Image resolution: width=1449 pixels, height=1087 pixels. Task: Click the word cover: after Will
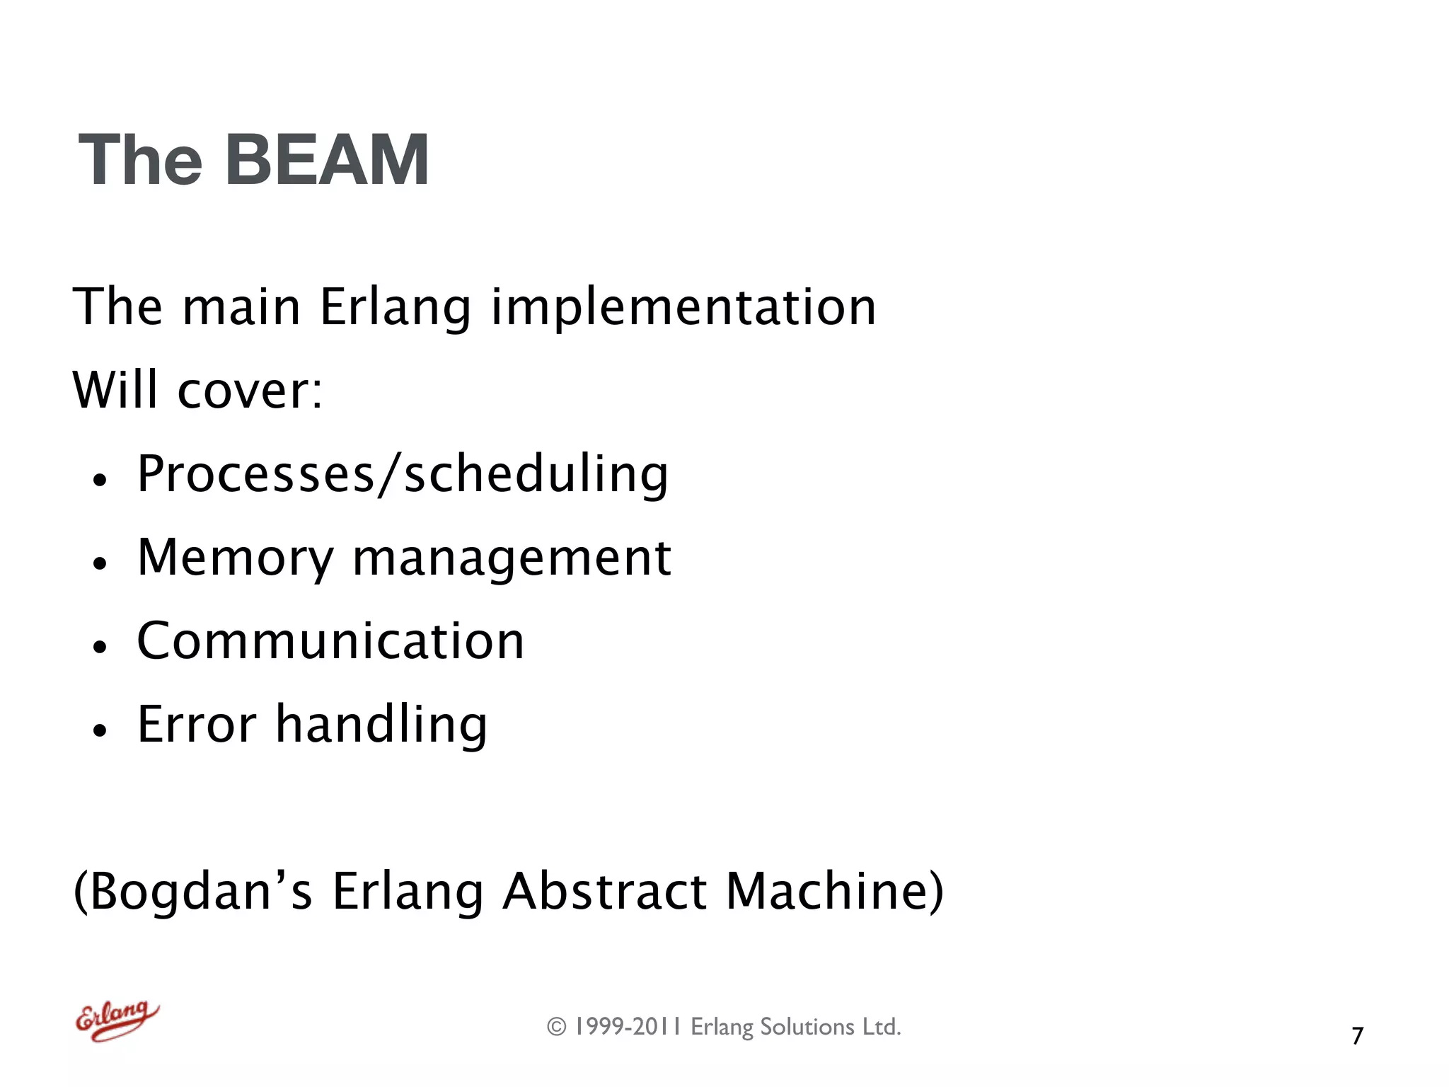pyautogui.click(x=250, y=391)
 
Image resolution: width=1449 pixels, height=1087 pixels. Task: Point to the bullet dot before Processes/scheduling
pyautogui.click(x=100, y=480)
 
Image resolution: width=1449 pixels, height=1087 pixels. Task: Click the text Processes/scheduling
pyautogui.click(x=402, y=474)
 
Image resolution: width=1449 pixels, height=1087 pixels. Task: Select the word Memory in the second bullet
pyautogui.click(x=235, y=559)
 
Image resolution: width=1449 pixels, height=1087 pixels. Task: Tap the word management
pyautogui.click(x=512, y=559)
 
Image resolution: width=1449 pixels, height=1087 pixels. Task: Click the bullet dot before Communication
pyautogui.click(x=100, y=646)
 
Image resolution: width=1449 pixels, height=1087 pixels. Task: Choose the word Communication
pyautogui.click(x=330, y=641)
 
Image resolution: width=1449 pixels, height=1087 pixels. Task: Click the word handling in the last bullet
pyautogui.click(x=381, y=725)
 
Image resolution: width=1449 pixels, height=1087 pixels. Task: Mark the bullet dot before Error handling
pyautogui.click(x=100, y=730)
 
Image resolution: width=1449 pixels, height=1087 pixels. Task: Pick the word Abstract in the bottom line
pyautogui.click(x=605, y=891)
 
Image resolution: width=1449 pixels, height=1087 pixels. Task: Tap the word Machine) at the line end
pyautogui.click(x=835, y=891)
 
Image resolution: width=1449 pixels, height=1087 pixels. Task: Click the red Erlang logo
pyautogui.click(x=117, y=1020)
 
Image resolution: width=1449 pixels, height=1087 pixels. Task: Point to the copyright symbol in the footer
pyautogui.click(x=557, y=1027)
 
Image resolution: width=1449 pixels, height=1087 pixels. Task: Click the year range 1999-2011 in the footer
pyautogui.click(x=628, y=1027)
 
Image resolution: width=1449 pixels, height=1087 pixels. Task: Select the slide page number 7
pyautogui.click(x=1357, y=1036)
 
